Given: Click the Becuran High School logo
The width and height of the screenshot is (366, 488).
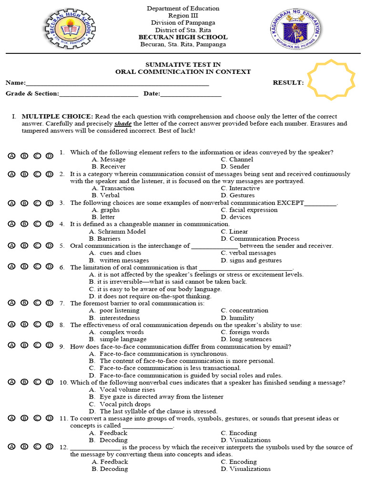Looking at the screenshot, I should coord(70,30).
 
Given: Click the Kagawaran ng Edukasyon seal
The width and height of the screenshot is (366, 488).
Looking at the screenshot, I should coord(295,30).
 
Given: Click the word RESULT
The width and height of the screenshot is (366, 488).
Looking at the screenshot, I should coord(288,82).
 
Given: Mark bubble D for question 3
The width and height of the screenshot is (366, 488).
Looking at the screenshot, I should coord(49,203).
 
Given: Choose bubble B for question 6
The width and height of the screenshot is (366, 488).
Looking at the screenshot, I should coord(24,266).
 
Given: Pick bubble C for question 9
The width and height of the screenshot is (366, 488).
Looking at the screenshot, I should coord(37,346).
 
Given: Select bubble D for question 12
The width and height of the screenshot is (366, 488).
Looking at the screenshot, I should coord(49,447).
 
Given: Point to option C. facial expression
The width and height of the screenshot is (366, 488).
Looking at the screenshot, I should coord(249,210).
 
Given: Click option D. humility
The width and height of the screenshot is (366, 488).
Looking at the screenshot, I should coord(237,318).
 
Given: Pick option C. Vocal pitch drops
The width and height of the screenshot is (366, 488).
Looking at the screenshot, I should coord(120,404).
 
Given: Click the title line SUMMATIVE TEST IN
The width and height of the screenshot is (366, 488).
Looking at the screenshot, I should coord(183,64).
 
